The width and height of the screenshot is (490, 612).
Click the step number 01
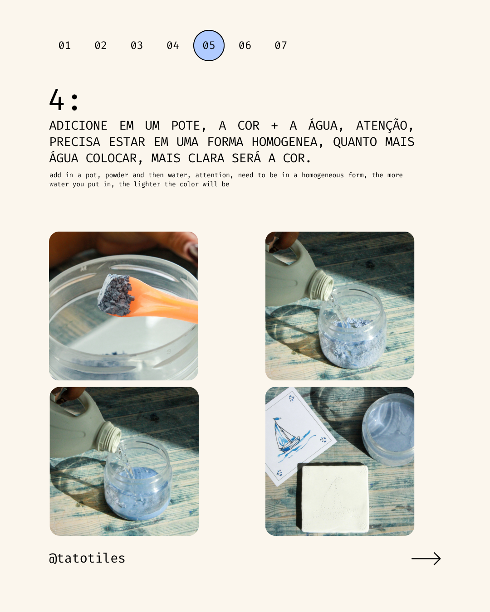(64, 45)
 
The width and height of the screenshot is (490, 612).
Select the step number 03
(137, 45)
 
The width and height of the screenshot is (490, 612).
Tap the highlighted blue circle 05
(209, 45)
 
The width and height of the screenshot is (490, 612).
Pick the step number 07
(281, 45)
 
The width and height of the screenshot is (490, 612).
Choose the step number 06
(245, 45)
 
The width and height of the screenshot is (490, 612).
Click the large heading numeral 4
(56, 100)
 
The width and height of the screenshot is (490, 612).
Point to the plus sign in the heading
(274, 126)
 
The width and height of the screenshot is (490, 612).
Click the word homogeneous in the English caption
(323, 175)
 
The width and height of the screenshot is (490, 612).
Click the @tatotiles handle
(87, 558)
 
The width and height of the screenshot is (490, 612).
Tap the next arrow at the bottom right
(426, 559)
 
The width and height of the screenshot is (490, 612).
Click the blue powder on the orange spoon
(116, 295)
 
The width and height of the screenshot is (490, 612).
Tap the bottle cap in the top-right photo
(322, 285)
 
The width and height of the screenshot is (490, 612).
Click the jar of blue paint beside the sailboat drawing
(388, 428)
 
